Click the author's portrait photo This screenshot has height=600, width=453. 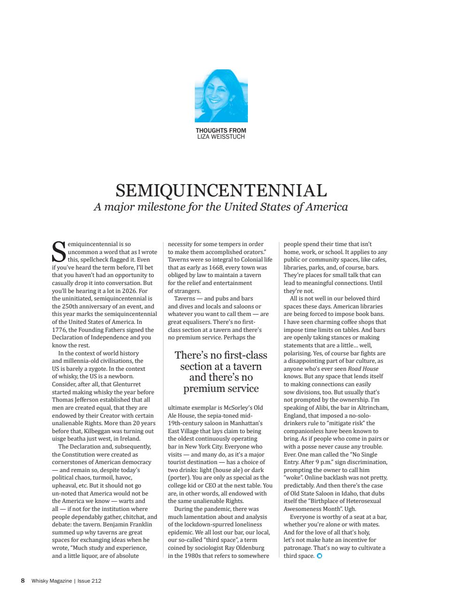point(221,96)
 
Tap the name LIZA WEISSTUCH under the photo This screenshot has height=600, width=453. point(221,137)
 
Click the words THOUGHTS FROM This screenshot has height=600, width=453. point(221,131)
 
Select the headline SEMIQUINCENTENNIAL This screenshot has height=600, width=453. point(221,191)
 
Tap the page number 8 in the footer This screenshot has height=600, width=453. point(23,581)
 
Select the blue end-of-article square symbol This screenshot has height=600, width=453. point(320,556)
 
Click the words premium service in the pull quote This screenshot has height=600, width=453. point(221,389)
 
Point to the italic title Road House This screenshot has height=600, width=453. point(363,369)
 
